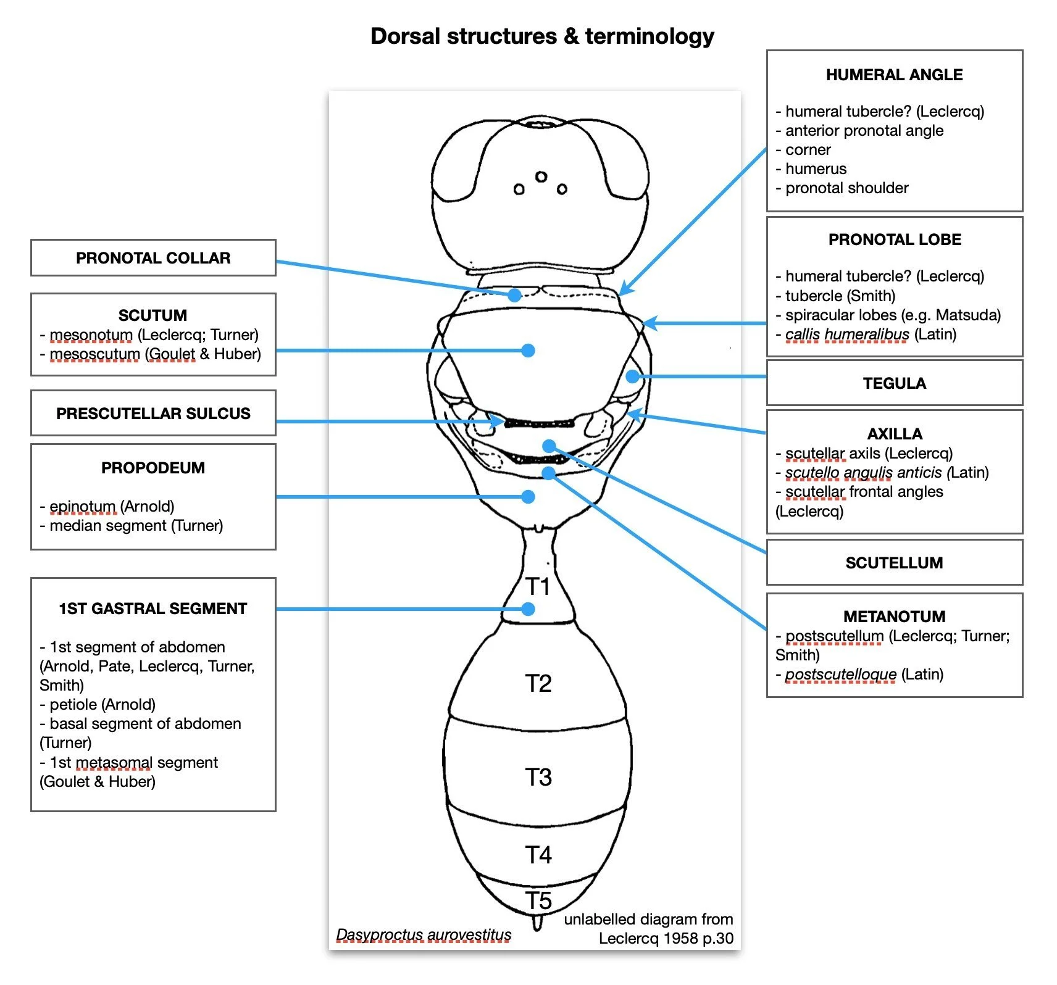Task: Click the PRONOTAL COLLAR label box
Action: pos(153,258)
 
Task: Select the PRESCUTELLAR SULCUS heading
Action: pos(153,414)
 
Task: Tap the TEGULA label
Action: pos(894,383)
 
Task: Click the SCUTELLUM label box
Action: pos(894,563)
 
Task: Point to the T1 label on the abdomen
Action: pos(538,586)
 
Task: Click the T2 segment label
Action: pos(538,684)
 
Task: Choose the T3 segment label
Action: pos(538,778)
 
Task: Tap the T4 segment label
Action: pos(538,855)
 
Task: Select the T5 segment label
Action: pos(538,901)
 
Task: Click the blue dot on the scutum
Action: pos(528,351)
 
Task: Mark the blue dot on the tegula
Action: pos(633,376)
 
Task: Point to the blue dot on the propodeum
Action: pos(528,497)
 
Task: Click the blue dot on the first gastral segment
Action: pos(528,609)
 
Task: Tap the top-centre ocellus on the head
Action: pos(541,177)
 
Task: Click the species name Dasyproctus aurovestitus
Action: pos(424,935)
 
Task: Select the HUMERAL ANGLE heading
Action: pos(894,75)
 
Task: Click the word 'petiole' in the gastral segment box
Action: pos(73,704)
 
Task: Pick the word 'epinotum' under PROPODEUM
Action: pos(83,507)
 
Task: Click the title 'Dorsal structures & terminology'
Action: pos(542,36)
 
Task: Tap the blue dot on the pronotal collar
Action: pos(514,295)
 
